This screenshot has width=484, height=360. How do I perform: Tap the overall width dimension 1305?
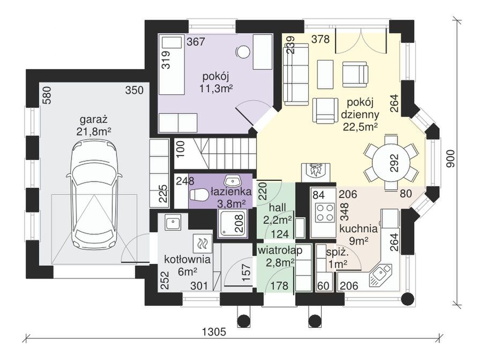(214, 332)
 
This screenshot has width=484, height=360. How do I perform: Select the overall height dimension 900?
(451, 158)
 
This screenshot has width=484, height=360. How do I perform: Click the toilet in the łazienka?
(199, 195)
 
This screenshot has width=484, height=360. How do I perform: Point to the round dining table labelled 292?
(391, 162)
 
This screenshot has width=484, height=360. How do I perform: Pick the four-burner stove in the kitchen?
(325, 212)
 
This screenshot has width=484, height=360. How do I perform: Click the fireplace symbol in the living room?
(315, 172)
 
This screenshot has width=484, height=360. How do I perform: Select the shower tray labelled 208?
(233, 223)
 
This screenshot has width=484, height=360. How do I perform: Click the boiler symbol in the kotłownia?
(202, 244)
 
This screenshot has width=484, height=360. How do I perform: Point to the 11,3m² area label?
(216, 89)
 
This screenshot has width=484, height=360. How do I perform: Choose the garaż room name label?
(93, 119)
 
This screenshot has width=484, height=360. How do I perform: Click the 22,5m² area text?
(361, 127)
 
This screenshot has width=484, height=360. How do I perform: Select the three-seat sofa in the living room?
(296, 74)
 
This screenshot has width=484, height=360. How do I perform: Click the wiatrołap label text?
(280, 251)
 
